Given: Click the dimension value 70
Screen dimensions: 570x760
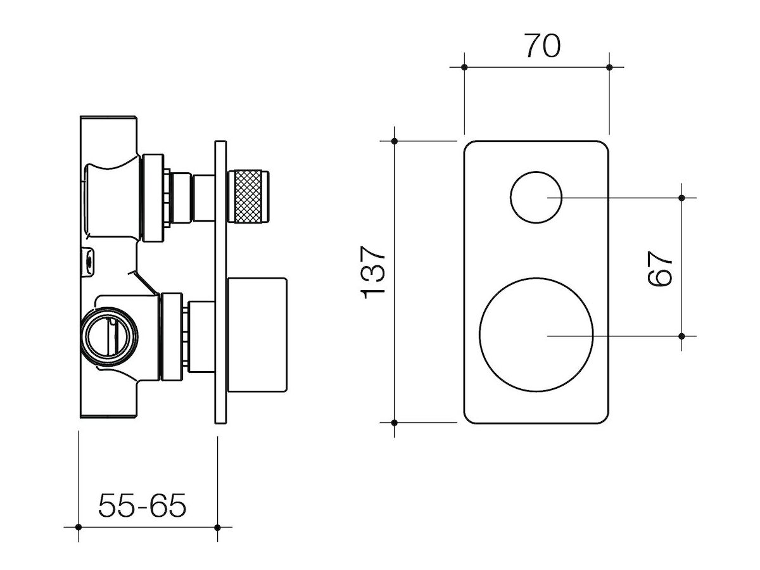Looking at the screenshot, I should click(542, 46).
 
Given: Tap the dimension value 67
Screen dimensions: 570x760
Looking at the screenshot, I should click(659, 267).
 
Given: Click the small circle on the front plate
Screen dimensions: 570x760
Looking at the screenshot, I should click(536, 197).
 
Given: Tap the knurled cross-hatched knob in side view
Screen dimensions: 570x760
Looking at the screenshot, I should click(251, 196).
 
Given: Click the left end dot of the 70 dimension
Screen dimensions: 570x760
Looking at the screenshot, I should click(464, 67).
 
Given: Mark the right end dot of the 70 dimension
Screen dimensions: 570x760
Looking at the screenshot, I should click(609, 67).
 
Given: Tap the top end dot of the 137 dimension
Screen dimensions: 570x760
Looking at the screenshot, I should click(394, 141).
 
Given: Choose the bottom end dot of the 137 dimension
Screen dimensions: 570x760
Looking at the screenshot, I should click(394, 422).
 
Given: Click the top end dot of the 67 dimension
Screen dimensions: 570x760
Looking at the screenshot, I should click(681, 198).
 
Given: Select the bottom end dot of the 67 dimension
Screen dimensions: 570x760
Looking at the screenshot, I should click(681, 336).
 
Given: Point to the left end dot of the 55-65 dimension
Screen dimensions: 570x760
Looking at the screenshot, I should click(78, 527).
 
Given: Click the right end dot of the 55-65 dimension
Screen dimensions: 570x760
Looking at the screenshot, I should click(217, 527).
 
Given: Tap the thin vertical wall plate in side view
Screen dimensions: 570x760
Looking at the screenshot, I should click(220, 285).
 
